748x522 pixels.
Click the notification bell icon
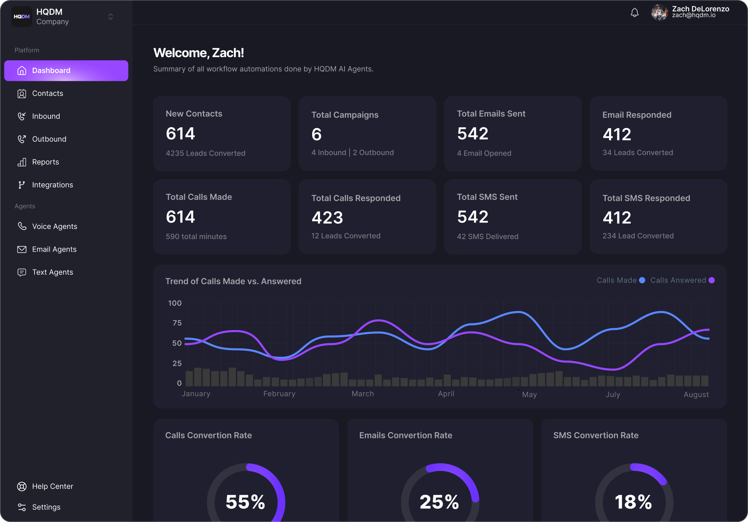click(x=634, y=13)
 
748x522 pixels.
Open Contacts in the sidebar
click(x=47, y=93)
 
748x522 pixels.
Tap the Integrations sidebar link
click(x=52, y=185)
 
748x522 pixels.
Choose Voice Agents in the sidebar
click(x=55, y=226)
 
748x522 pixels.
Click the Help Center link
click(x=52, y=486)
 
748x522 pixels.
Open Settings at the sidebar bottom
click(x=46, y=507)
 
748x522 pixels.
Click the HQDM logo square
click(x=22, y=17)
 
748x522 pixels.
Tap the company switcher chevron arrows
click(x=111, y=17)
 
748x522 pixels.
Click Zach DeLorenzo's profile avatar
click(x=659, y=13)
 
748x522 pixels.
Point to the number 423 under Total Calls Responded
click(x=327, y=218)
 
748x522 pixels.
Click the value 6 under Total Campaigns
click(x=317, y=134)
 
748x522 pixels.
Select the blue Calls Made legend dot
click(x=642, y=280)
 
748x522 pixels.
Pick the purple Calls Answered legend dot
click(x=711, y=280)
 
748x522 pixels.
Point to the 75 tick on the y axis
click(x=177, y=323)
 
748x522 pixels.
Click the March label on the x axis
click(x=363, y=394)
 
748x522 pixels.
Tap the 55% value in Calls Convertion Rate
click(x=245, y=502)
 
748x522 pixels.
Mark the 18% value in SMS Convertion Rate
click(x=633, y=502)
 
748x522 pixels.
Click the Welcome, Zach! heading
click(x=199, y=53)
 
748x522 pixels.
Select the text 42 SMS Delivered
click(x=488, y=237)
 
